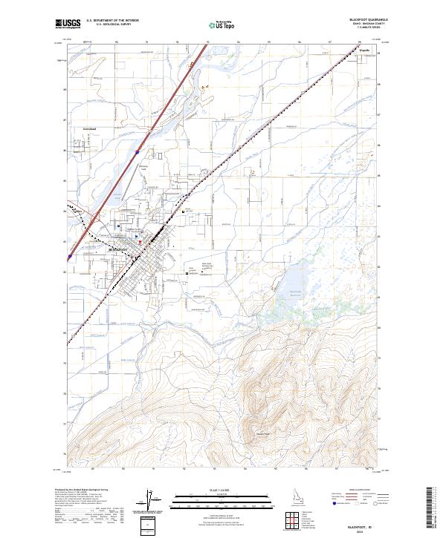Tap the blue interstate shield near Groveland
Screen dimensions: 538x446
tap(137, 153)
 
